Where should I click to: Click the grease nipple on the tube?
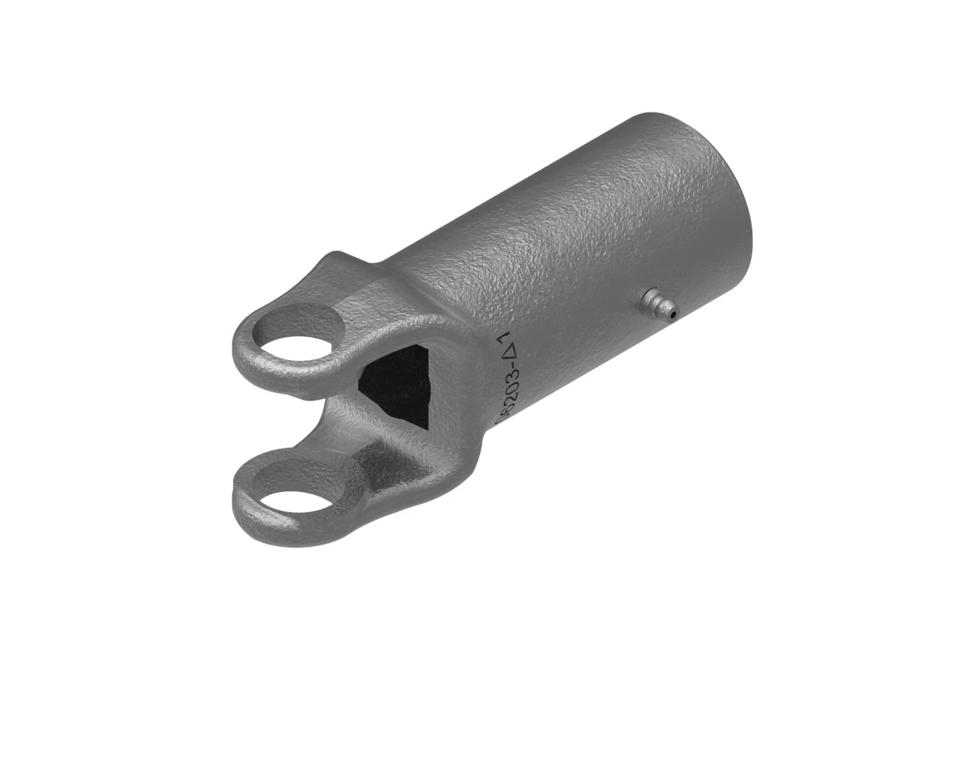point(658,304)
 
